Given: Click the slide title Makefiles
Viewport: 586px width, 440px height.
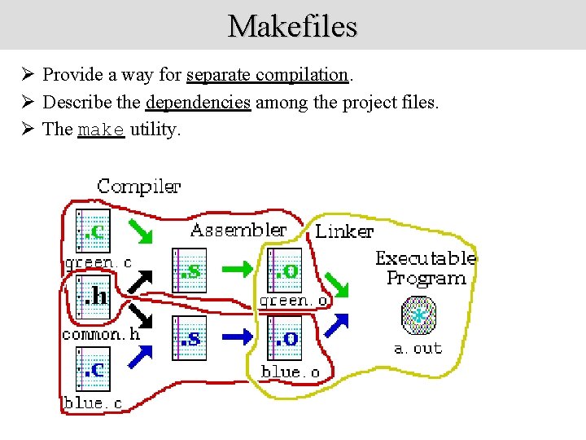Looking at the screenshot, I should [292, 26].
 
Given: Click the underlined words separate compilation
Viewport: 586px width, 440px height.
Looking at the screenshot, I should [268, 75].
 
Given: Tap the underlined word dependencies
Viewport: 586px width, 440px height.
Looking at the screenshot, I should [198, 103].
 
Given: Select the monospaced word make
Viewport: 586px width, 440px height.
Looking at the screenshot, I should [101, 130].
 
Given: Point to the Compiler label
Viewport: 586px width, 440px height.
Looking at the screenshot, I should [138, 187].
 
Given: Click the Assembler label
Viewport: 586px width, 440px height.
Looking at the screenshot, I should [238, 231].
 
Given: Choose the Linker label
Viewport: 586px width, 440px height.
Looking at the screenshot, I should [344, 231].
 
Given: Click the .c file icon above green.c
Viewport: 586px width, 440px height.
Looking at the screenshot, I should [92, 231].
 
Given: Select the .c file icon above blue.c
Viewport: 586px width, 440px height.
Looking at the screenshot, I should [92, 369].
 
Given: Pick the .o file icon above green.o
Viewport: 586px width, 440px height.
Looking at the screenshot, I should [284, 270].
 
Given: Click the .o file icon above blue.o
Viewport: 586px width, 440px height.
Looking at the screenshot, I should [284, 338].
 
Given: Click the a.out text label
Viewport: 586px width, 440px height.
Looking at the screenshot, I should [418, 349].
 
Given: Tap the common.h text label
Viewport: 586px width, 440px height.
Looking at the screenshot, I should [101, 334].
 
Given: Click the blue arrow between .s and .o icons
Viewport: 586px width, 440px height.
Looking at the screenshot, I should [237, 336].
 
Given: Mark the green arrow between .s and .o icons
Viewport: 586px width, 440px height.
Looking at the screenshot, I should [237, 267].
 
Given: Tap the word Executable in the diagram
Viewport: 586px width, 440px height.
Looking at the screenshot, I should [425, 258].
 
